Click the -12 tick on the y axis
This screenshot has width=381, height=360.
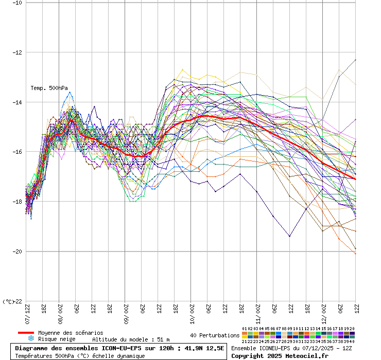click(x=16, y=52)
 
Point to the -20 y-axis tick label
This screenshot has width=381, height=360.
click(x=16, y=251)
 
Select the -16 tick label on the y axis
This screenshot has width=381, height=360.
click(x=16, y=152)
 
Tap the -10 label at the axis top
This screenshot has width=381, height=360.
click(x=16, y=3)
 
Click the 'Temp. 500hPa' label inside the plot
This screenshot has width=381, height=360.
click(x=49, y=88)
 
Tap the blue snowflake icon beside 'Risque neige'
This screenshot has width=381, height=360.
click(x=31, y=339)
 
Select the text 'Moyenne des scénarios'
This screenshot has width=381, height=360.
click(x=71, y=333)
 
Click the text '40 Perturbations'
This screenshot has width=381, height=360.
click(x=215, y=335)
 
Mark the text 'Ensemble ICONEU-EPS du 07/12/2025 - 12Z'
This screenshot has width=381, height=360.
click(x=291, y=348)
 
